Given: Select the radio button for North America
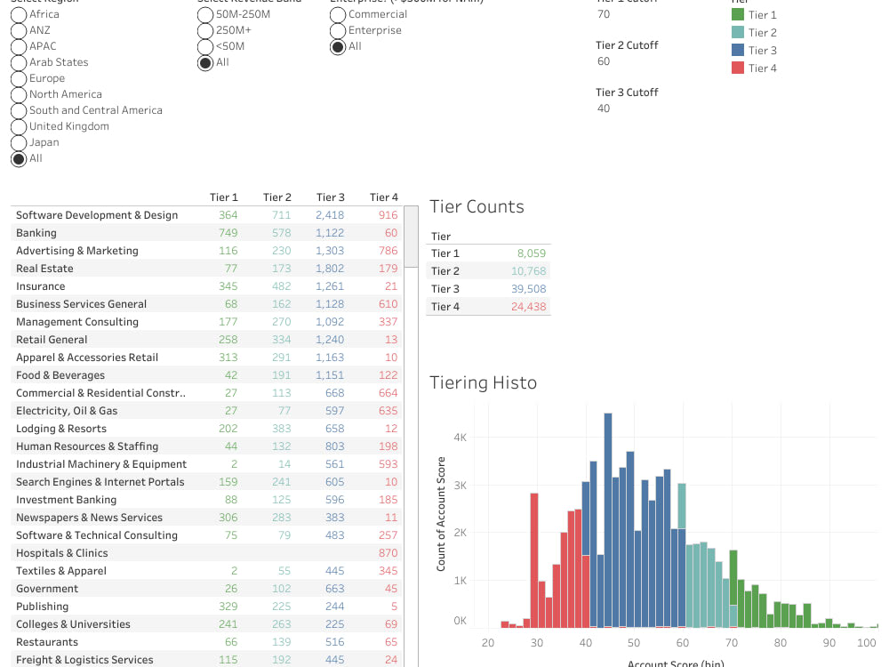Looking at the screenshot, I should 19,94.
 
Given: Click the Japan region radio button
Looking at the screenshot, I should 19,142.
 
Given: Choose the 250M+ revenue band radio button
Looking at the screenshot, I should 205,30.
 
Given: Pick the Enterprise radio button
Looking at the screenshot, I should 338,30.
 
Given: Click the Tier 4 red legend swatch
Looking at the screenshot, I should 737,68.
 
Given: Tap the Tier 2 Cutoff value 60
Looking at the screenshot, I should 604,61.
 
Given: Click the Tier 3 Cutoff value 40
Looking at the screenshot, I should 604,108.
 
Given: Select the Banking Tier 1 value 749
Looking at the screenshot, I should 228,233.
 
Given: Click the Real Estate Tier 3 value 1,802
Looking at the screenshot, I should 329,269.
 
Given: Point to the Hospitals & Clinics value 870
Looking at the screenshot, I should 388,553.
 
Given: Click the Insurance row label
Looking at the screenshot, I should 40,286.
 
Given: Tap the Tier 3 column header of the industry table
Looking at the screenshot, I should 331,197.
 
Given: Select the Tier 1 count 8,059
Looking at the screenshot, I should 531,253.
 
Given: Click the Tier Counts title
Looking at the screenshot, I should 477,206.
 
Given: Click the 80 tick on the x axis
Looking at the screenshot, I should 780,642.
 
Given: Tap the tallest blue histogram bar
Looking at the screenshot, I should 608,516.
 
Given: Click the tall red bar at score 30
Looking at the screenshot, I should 534,560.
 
